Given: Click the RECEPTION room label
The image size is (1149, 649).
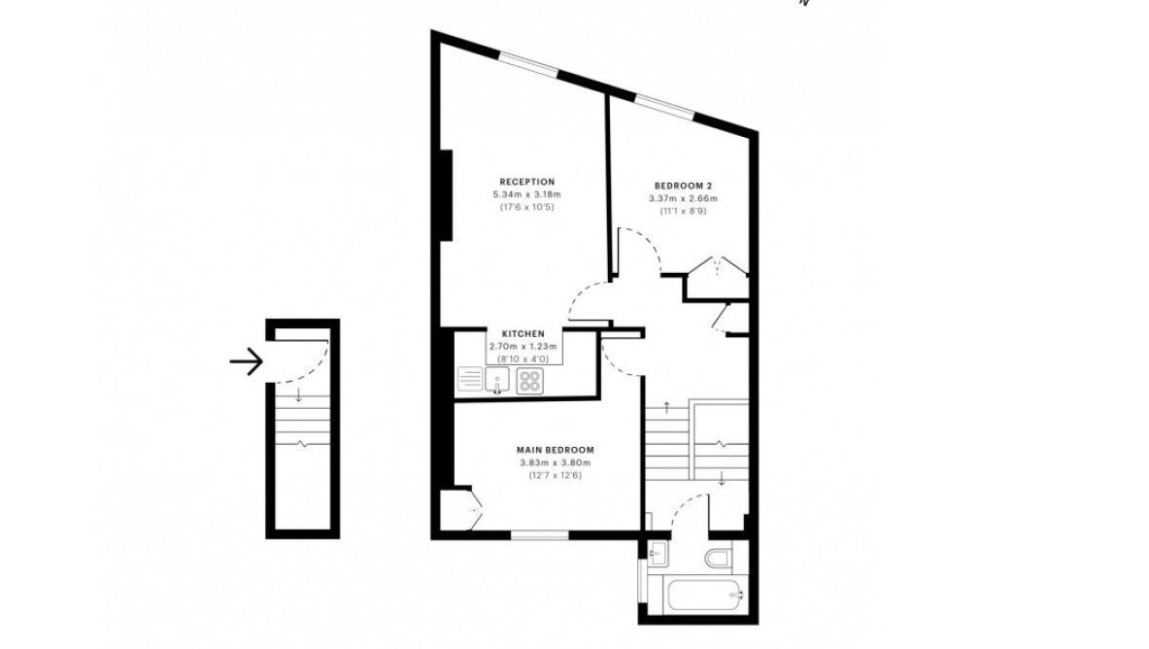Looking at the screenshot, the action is (x=526, y=182).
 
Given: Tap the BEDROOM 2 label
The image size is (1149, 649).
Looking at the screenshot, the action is (x=683, y=186).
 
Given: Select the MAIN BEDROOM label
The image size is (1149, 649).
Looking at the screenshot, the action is (x=555, y=450).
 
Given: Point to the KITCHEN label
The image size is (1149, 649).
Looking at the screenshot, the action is (x=523, y=333).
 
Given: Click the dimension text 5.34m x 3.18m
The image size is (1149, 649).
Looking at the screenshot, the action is (x=526, y=194).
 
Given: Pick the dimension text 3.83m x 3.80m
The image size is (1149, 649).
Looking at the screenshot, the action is (x=555, y=462).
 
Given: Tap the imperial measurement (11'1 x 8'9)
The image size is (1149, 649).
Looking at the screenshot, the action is (x=683, y=211).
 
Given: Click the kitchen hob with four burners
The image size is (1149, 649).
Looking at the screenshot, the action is (x=529, y=381).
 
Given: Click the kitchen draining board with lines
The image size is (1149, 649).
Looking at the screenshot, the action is (x=470, y=379).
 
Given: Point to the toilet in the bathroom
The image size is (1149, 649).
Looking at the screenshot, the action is (x=718, y=557).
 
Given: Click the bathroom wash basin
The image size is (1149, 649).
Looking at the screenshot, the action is (x=659, y=554).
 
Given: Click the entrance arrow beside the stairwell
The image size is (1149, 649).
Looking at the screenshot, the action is (x=247, y=361).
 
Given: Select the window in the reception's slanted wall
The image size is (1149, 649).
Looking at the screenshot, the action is (x=528, y=62).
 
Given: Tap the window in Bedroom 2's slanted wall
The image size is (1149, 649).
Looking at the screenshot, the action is (x=664, y=106).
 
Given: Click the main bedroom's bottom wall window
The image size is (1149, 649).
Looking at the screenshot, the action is (x=540, y=535).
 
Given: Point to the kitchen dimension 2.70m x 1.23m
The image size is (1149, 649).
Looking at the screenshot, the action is (x=523, y=346).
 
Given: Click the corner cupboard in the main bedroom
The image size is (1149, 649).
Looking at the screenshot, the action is (x=460, y=507).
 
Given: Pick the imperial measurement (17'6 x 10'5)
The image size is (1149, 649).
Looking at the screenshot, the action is (x=526, y=208).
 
